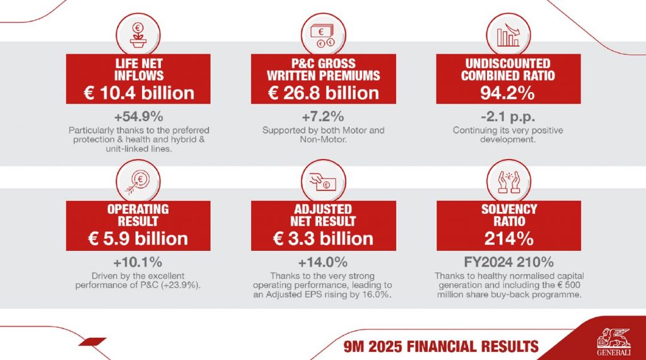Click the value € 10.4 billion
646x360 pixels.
point(139,93)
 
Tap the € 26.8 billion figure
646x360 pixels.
point(324,93)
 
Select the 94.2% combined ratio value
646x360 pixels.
point(508,93)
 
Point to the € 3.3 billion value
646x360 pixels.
point(323,238)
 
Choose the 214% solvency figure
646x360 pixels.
point(508,238)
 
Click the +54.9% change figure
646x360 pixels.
point(139,117)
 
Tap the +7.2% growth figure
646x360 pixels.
point(323,117)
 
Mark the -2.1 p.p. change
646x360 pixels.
point(508,117)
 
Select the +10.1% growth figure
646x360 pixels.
point(138,262)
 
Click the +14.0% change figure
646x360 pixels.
point(323,262)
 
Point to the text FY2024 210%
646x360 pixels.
point(508,262)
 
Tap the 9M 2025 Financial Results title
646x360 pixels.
point(437,346)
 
